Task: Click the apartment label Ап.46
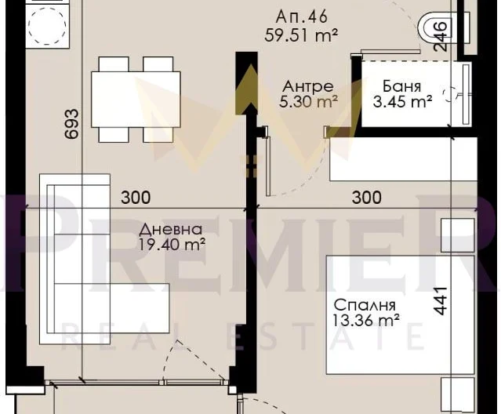[x=301, y=16]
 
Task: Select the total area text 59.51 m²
[x=301, y=35]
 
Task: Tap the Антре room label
[x=308, y=86]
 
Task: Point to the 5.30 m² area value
[x=308, y=102]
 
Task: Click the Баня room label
[x=402, y=86]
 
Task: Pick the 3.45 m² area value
[x=402, y=102]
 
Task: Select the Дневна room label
[x=171, y=230]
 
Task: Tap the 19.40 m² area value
[x=172, y=245]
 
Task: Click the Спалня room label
[x=365, y=305]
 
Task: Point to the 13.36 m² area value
[x=366, y=320]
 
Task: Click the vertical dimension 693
[x=71, y=124]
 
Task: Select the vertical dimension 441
[x=440, y=301]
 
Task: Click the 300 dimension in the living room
[x=136, y=198]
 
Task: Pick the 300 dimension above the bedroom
[x=366, y=198]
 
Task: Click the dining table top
[x=136, y=100]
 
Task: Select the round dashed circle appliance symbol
[x=47, y=26]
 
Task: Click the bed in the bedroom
[x=401, y=314]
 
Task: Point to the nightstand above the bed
[x=458, y=235]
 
